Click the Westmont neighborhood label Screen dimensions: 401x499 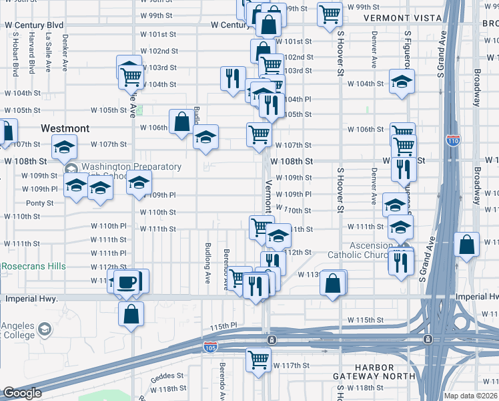65,127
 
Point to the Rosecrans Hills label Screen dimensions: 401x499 33,266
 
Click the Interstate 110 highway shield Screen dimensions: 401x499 452,141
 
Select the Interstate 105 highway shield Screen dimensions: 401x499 209,347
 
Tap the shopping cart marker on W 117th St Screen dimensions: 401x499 258,359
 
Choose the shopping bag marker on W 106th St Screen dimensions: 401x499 181,122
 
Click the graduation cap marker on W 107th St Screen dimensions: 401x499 206,138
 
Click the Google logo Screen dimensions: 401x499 22,393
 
